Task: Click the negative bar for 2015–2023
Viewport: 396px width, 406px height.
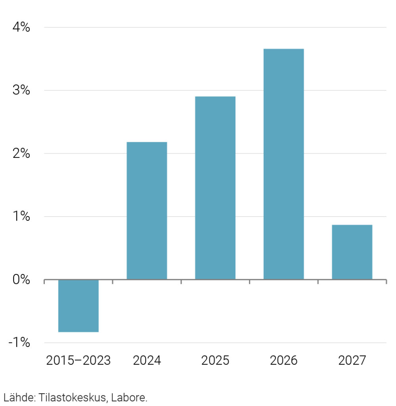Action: (x=78, y=306)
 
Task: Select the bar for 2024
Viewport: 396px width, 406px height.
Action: (x=147, y=211)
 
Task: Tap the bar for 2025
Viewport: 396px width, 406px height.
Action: (x=215, y=188)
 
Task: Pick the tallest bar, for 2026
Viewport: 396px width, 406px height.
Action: (x=283, y=164)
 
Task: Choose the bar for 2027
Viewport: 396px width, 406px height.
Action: (x=352, y=252)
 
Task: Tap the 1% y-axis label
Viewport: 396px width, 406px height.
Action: (x=21, y=216)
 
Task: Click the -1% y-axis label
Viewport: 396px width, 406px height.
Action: (x=19, y=343)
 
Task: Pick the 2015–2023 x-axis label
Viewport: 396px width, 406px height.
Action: (x=78, y=361)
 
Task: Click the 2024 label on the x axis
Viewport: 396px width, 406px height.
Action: (x=147, y=361)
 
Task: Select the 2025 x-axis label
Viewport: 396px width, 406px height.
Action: (x=215, y=361)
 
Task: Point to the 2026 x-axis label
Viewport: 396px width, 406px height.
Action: (x=283, y=361)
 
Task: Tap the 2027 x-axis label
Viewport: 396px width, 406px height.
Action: (x=352, y=361)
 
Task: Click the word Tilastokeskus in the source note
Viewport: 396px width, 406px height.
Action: (x=73, y=397)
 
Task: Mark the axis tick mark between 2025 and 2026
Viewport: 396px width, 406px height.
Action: (x=249, y=282)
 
